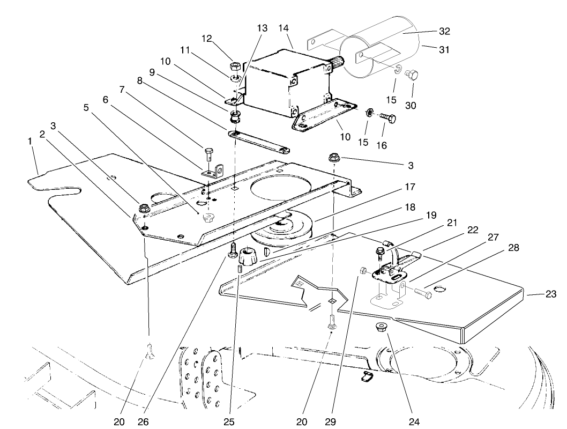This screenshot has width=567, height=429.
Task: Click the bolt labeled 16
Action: coord(389,117)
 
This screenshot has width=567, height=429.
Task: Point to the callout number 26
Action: coord(142,422)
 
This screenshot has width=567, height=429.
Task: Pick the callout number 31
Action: coord(444,49)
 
